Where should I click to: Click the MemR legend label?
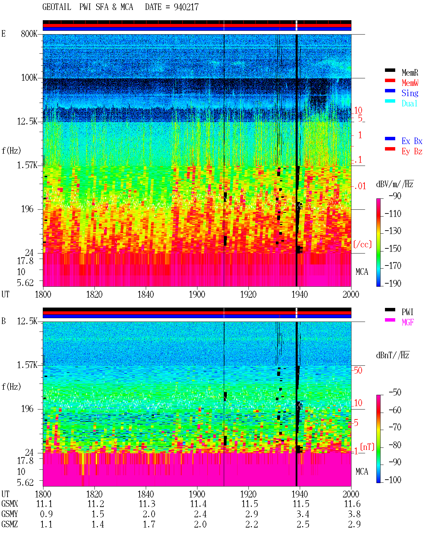[x=410, y=73]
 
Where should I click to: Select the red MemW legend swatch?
[x=390, y=80]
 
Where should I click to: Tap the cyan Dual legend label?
[x=409, y=103]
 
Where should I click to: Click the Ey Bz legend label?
[x=412, y=152]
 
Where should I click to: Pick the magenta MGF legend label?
[x=408, y=322]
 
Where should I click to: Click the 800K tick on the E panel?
[x=29, y=34]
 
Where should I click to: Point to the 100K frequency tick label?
[x=29, y=78]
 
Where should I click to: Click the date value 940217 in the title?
[x=186, y=7]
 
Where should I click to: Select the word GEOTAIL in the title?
[x=57, y=7]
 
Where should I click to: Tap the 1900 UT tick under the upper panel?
[x=197, y=294]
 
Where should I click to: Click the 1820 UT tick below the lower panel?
[x=94, y=494]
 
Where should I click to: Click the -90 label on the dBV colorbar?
[x=395, y=196]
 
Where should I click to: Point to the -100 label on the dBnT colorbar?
[x=393, y=479]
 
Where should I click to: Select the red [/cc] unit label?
[x=362, y=244]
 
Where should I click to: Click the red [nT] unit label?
[x=367, y=447]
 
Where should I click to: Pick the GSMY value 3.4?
[x=303, y=514]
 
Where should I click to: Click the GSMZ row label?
[x=10, y=524]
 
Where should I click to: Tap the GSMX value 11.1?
[x=44, y=504]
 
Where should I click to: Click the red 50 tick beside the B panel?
[x=358, y=371]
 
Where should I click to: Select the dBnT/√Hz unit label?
[x=392, y=355]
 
